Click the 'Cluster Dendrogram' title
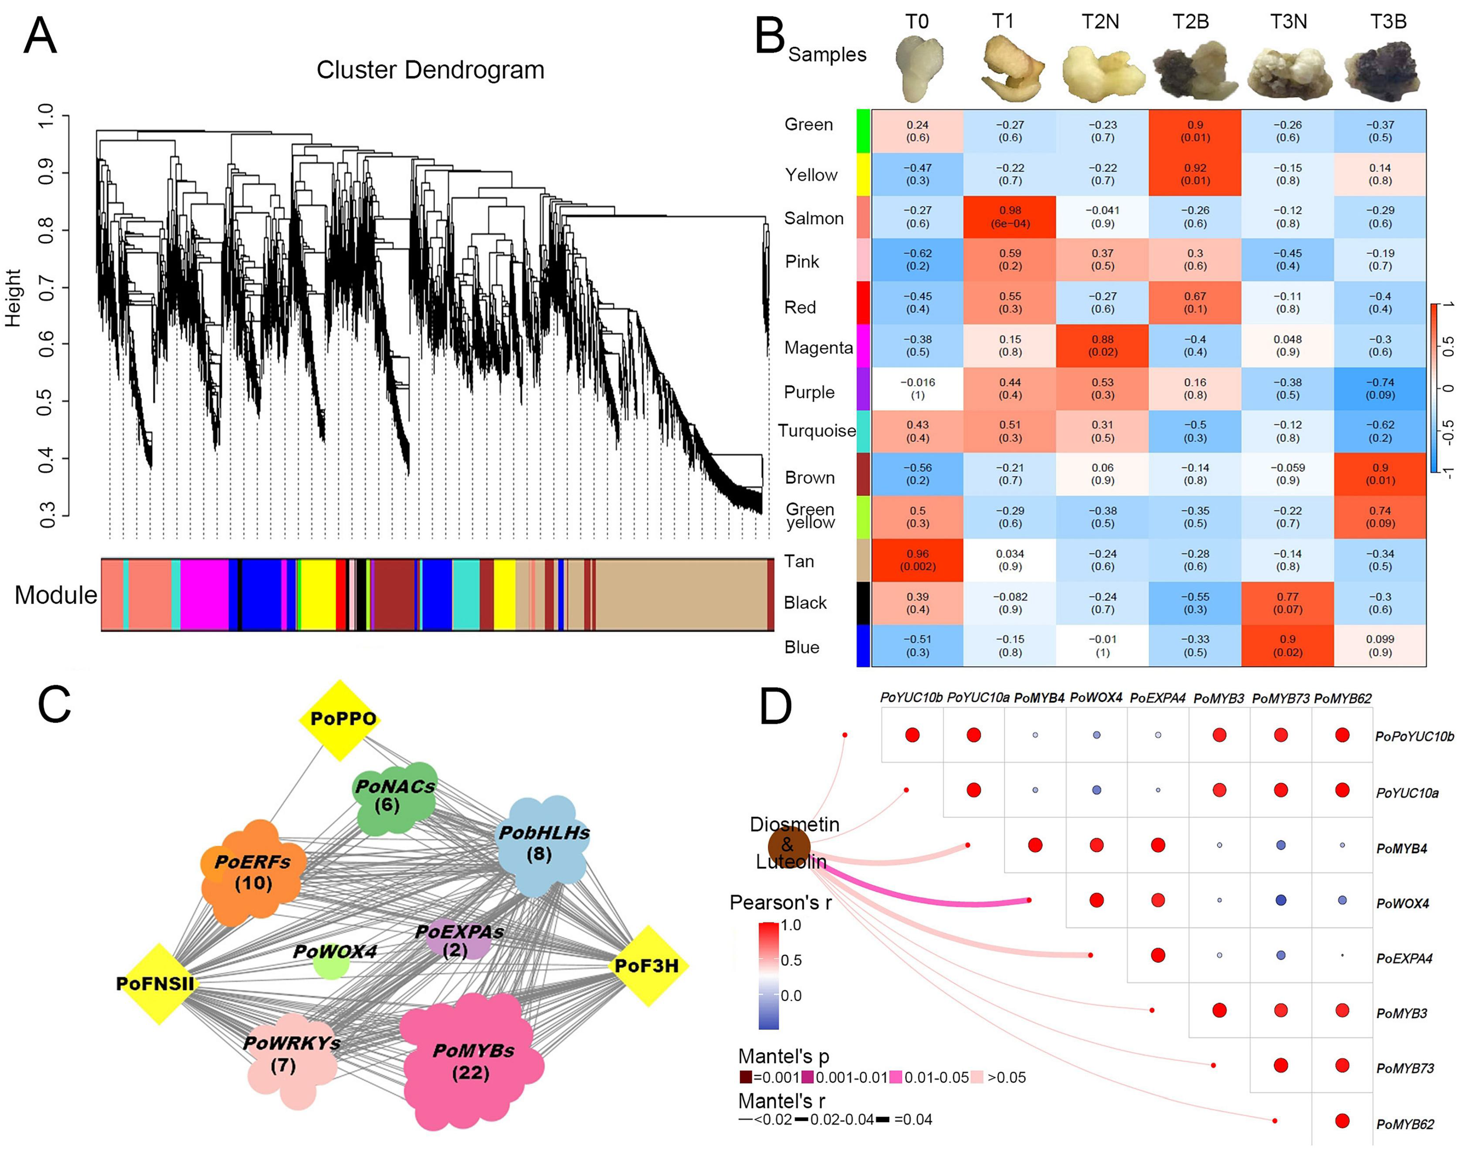coord(430,70)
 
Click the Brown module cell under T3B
coord(1380,474)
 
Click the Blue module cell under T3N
coord(1287,646)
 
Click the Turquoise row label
coord(816,431)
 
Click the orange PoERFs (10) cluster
coord(253,872)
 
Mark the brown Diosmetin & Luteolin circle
coord(788,846)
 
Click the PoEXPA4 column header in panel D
coord(1157,699)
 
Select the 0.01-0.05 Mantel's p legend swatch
coord(896,1078)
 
